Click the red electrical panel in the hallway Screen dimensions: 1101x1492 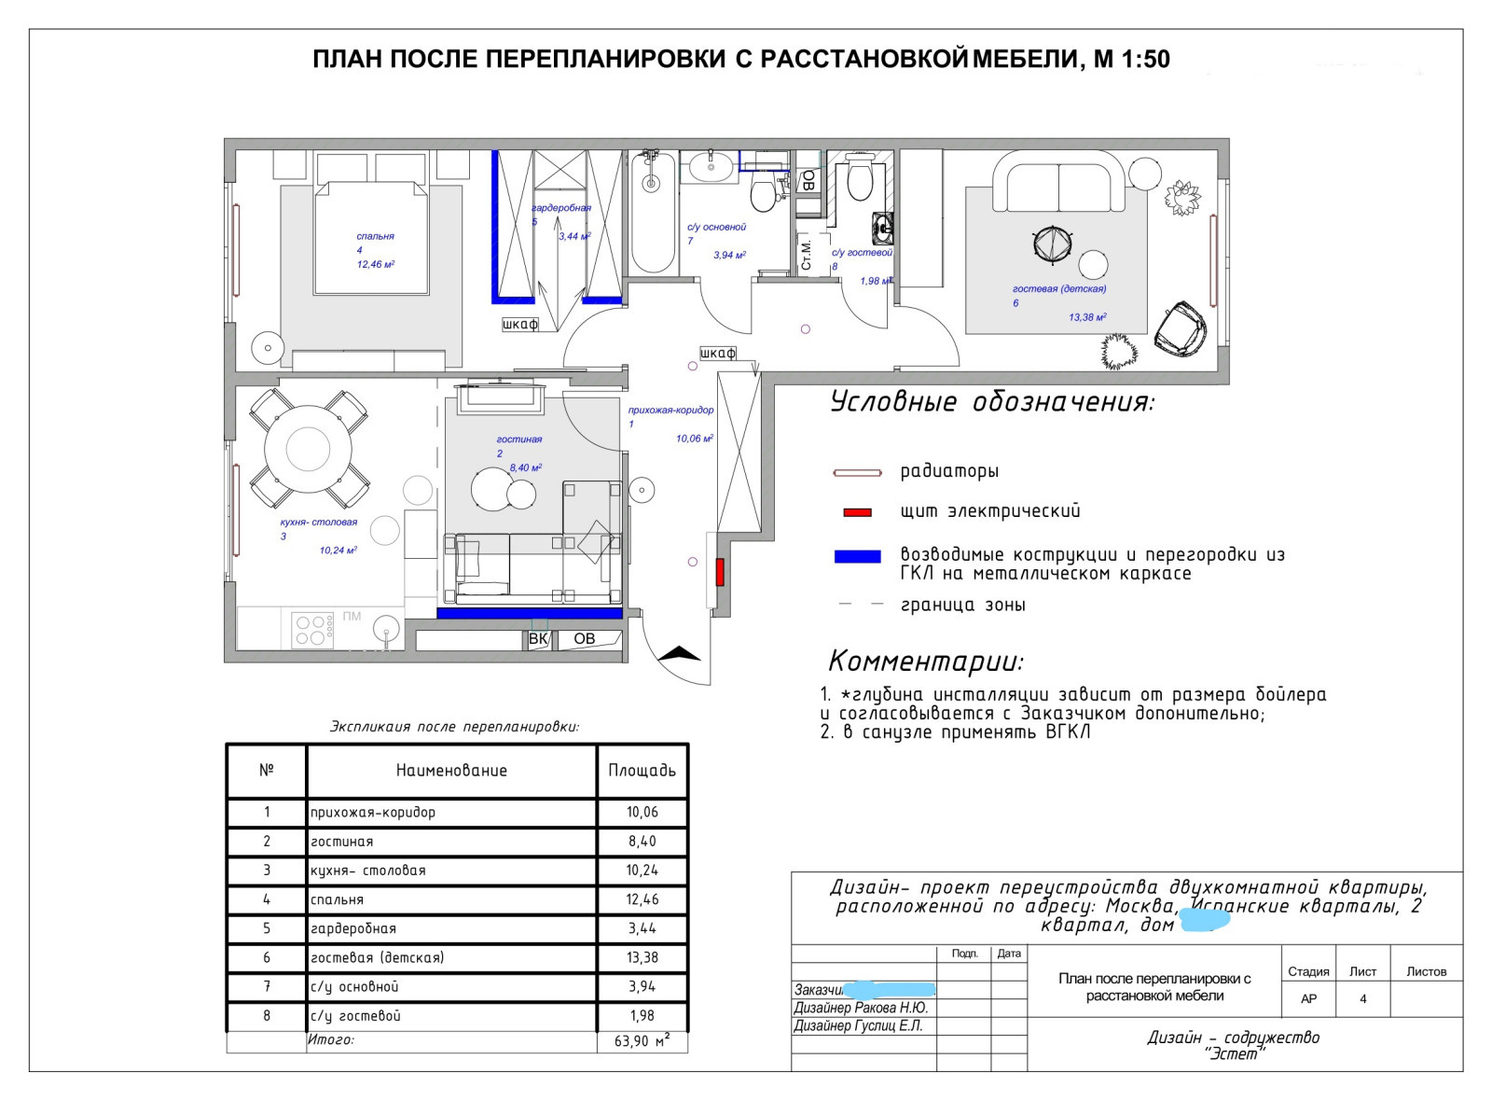click(x=720, y=571)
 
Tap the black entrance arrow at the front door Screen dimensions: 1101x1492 click(x=679, y=653)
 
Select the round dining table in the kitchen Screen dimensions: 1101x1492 click(x=308, y=449)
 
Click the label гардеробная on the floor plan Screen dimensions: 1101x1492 click(x=561, y=208)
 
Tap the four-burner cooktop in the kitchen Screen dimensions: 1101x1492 click(x=312, y=630)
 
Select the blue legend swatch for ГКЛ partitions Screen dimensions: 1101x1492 click(x=857, y=556)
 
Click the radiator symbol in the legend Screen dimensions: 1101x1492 click(x=857, y=473)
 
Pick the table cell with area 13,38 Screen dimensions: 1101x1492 click(x=642, y=957)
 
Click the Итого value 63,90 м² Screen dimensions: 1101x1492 click(x=642, y=1040)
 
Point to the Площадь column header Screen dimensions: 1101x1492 click(x=642, y=770)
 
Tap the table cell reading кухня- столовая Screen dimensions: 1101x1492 click(x=368, y=871)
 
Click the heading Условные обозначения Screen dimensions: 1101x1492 click(x=992, y=402)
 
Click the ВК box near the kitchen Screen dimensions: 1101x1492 click(x=538, y=639)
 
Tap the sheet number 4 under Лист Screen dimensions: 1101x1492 click(x=1362, y=998)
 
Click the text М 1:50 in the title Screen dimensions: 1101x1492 click(x=1131, y=60)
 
